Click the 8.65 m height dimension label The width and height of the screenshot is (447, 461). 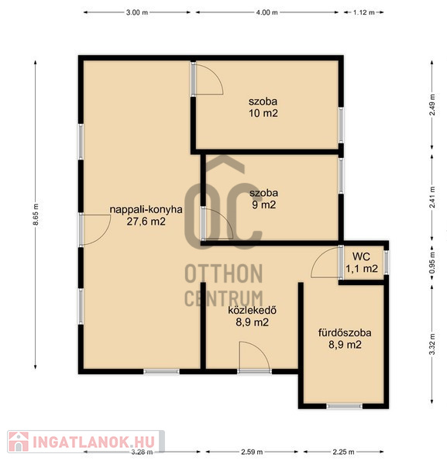point(36,215)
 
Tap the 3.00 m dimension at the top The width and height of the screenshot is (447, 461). point(137,12)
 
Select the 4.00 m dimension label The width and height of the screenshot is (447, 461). point(266,12)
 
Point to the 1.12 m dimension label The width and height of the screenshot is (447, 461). point(364,12)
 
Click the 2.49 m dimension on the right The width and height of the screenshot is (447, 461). point(432,105)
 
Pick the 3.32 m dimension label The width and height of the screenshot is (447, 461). point(432,344)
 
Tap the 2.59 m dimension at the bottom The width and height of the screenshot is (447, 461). point(252,452)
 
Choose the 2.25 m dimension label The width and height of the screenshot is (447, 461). point(343,452)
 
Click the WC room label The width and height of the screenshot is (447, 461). point(361,256)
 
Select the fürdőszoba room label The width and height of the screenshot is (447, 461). point(345,333)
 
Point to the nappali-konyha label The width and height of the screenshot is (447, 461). point(146,210)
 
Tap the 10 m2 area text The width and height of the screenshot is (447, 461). point(263,113)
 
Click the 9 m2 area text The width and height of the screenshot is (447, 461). point(264,205)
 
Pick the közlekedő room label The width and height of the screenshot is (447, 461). point(253,311)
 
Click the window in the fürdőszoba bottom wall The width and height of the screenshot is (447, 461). point(345,406)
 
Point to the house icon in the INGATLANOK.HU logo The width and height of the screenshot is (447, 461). point(19,442)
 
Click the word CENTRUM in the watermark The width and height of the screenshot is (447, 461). point(224,298)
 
